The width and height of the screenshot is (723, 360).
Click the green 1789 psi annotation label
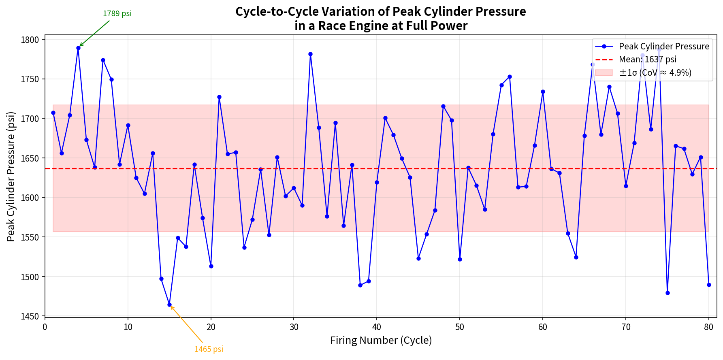tap(117, 13)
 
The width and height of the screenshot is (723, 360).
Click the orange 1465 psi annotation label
tap(209, 349)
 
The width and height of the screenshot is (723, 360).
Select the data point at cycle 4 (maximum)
tap(78, 48)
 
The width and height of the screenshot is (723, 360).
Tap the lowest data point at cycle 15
tap(169, 305)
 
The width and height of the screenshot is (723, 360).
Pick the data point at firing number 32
tap(310, 54)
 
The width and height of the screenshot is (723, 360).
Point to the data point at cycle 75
tap(668, 293)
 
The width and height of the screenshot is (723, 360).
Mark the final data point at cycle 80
tap(709, 285)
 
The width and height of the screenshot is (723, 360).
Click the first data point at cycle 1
tap(53, 113)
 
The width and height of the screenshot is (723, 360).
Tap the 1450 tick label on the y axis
tap(31, 316)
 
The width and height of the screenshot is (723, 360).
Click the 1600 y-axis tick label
tap(31, 198)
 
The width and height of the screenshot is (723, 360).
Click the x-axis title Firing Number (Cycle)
tap(381, 340)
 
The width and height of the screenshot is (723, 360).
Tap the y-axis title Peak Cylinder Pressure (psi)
tap(11, 176)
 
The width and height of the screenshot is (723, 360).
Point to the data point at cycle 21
tap(219, 97)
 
